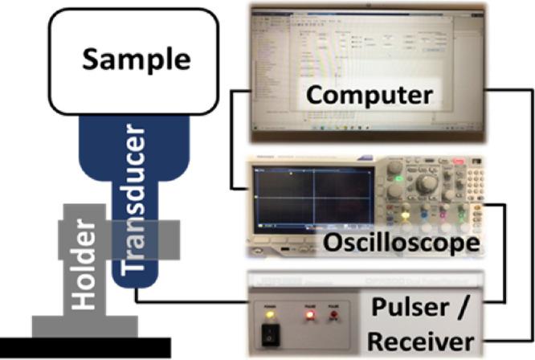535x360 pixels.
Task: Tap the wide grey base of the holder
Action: click(x=84, y=326)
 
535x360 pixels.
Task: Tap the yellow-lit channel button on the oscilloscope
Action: click(x=403, y=215)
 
